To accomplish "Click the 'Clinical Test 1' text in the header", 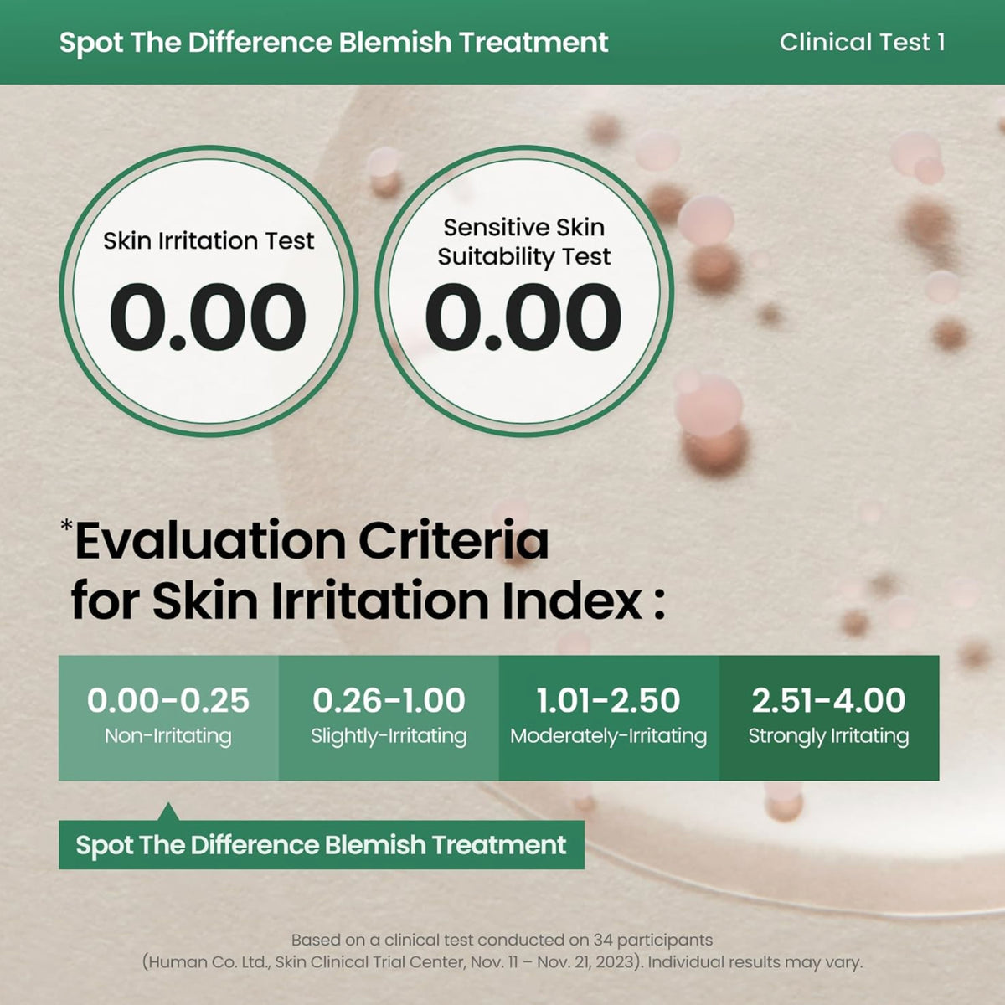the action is click(862, 42).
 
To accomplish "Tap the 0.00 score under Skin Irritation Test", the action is click(208, 317).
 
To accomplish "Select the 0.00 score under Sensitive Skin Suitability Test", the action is click(523, 317).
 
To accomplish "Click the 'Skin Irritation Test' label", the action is click(209, 241).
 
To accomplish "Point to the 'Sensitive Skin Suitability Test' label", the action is click(523, 243).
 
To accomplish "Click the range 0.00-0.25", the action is click(168, 700).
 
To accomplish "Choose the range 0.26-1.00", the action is click(389, 700).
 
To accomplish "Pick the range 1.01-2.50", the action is click(608, 700).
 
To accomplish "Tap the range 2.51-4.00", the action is click(829, 700).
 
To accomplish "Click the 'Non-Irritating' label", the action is click(168, 736).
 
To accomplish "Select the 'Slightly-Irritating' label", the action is click(389, 736).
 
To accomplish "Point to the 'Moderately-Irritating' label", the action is click(608, 736).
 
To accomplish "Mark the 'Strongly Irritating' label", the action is click(829, 736).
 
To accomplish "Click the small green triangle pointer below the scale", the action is click(168, 812).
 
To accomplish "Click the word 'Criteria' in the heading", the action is click(453, 540).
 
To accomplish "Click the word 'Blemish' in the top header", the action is click(395, 42).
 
